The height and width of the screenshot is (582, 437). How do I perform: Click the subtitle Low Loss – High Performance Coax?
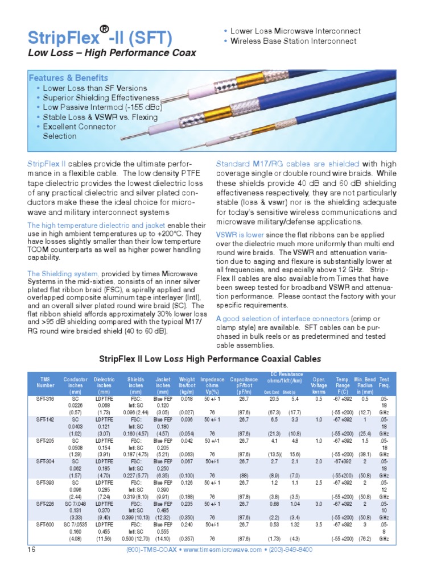[112, 53]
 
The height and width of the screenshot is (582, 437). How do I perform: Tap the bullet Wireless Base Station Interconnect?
[294, 41]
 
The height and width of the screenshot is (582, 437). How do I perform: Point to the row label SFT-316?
[45, 400]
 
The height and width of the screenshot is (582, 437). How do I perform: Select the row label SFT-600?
[45, 525]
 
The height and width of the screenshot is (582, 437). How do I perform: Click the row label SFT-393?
[45, 483]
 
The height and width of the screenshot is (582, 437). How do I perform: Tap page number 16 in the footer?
[31, 550]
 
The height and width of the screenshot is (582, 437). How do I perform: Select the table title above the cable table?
[211, 359]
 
